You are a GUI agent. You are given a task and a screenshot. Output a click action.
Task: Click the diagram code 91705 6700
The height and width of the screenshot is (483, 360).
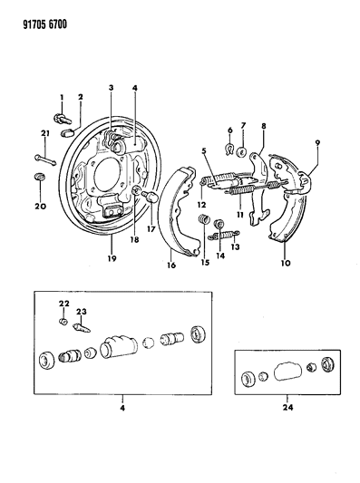44,24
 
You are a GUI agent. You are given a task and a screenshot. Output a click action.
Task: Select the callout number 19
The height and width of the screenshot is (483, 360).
112,258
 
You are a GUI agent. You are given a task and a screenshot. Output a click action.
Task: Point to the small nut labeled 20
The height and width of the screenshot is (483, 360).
39,177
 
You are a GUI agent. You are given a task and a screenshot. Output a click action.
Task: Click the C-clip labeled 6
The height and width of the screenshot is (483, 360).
229,150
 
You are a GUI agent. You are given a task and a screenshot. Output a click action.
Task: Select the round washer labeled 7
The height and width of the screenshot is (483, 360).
242,152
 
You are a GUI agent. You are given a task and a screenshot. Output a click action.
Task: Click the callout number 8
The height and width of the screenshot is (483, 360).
263,126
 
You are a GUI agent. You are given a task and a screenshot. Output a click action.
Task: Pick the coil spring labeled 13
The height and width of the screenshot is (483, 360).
224,235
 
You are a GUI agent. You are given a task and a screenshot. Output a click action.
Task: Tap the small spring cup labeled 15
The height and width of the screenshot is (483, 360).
203,220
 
